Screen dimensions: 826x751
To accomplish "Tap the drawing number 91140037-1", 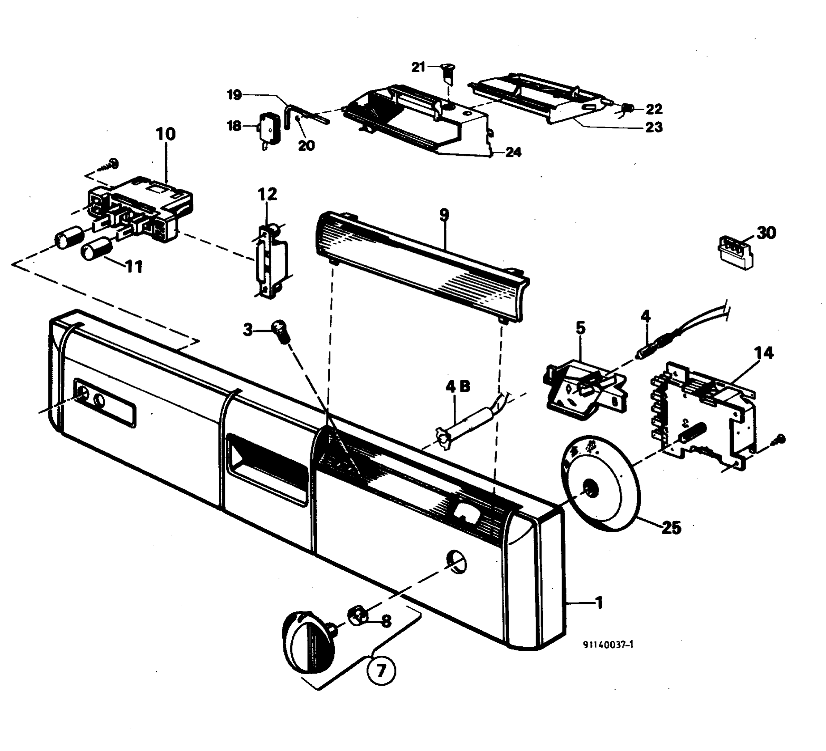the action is (x=608, y=645).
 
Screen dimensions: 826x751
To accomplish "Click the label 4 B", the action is (x=457, y=386).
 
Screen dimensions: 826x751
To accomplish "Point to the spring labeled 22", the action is (x=627, y=108).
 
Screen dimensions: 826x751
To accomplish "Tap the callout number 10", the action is (x=166, y=134).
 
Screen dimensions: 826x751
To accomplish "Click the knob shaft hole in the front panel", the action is (x=456, y=561).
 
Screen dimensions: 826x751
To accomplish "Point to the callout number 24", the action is (x=513, y=152).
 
